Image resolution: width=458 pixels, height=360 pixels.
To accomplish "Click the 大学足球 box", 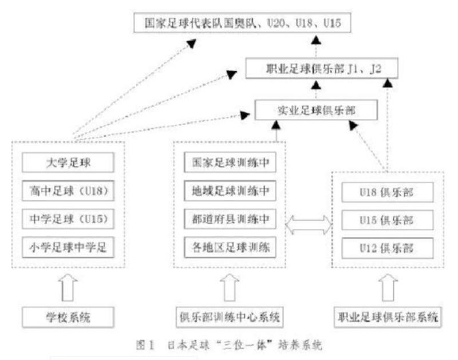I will point(69,164).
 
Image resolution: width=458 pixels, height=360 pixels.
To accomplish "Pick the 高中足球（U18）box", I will point(69,191).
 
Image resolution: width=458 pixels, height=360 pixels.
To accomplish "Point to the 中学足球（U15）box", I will point(69,219).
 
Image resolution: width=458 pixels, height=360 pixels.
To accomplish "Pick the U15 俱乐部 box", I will point(384,220).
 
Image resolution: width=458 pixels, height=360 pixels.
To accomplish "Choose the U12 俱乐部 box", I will point(384,248).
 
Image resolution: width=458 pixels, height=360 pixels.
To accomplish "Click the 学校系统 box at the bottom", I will point(69,315).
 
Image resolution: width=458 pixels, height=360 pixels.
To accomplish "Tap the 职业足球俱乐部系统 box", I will point(387,315).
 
